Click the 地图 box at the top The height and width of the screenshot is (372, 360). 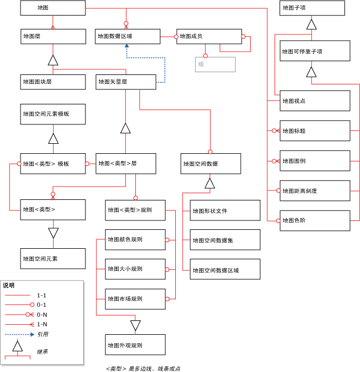pos(53,8)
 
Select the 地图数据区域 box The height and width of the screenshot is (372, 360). pos(127,36)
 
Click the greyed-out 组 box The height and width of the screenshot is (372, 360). pos(215,64)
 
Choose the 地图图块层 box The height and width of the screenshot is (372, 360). pos(53,82)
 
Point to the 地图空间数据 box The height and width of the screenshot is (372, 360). pos(211,164)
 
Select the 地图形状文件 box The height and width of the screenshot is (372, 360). pos(225,211)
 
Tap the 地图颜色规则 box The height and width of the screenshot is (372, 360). pos(135,240)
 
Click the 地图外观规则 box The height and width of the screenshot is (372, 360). pos(135,345)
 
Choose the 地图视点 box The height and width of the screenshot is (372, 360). pos(315,100)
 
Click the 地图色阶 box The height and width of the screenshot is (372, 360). pos(315,220)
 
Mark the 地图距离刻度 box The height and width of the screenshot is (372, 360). pos(315,190)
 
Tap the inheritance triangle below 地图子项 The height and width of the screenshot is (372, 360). pos(312,24)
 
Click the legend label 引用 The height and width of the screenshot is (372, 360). pos(43,334)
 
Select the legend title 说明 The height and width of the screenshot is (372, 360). pos(9,285)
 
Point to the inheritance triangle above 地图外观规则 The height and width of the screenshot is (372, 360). pos(136,325)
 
